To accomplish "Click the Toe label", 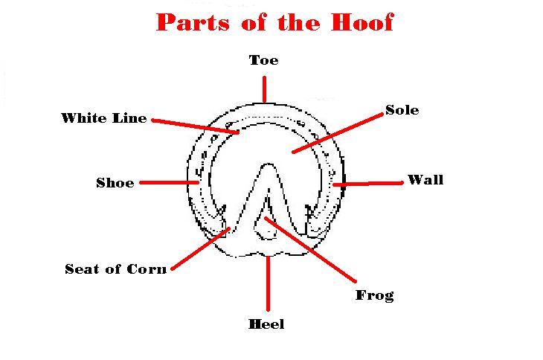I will coord(264,60).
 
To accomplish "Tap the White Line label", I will coord(103,118).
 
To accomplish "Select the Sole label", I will coord(402,110).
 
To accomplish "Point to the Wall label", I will coord(425,180).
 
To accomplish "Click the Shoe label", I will coord(115,182).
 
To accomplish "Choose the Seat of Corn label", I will coord(115,269).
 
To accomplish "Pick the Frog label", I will coord(374,295).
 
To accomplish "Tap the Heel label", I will coord(266,324).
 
